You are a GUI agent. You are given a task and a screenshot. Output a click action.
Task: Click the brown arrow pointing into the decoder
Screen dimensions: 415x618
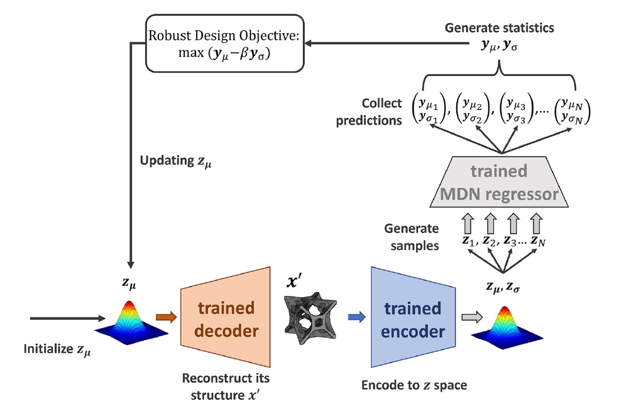point(166,317)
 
